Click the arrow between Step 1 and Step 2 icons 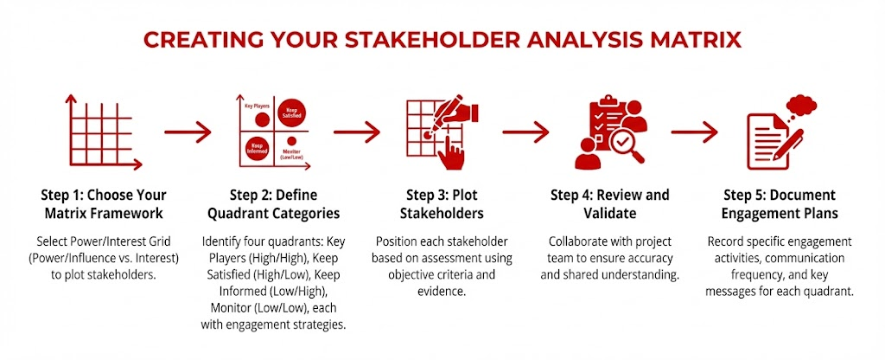188,132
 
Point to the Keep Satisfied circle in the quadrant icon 292,112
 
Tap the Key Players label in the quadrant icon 256,106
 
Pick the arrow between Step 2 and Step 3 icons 357,132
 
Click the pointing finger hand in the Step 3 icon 451,151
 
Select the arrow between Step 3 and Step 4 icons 525,132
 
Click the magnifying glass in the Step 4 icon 626,145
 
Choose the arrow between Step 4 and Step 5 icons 694,132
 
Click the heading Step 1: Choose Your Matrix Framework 104,204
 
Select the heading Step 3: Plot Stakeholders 442,204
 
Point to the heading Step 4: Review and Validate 609,204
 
